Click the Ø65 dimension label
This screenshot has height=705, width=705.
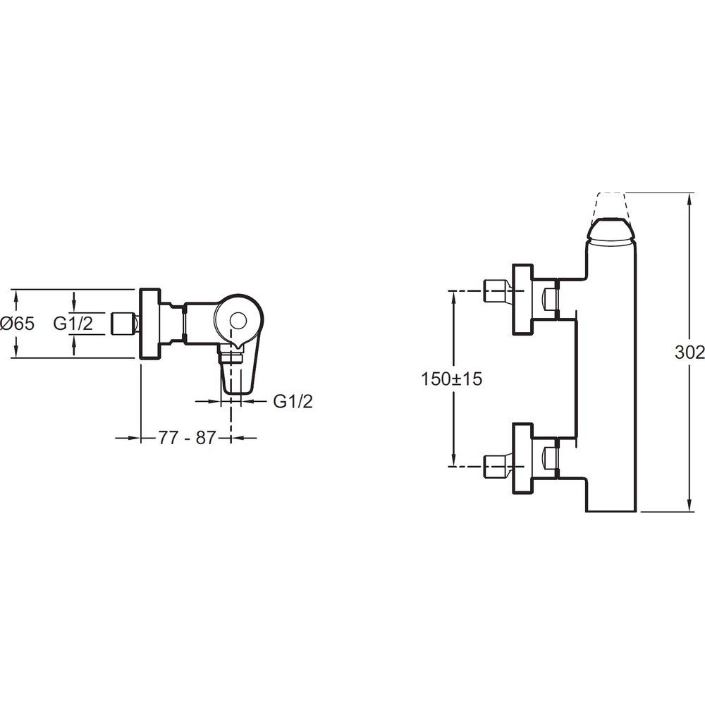(17, 324)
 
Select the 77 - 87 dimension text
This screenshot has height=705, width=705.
(187, 438)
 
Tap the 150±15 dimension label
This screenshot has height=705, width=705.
(451, 379)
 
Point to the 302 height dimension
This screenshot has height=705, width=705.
(689, 352)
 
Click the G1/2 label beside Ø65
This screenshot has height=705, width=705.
(73, 324)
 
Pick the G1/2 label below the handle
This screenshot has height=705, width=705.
(293, 401)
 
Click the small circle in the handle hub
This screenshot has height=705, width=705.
(238, 321)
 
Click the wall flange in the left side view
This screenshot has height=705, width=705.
(150, 324)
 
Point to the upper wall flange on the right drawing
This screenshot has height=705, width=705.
(523, 299)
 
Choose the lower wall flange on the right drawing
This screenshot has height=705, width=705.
(523, 458)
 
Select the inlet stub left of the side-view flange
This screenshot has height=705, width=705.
(124, 324)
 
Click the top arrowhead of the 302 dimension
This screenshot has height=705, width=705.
(689, 198)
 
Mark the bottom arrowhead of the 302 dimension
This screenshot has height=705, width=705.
(689, 505)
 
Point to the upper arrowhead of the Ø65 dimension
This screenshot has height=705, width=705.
(16, 295)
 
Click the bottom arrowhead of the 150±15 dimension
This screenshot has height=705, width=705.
(453, 461)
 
